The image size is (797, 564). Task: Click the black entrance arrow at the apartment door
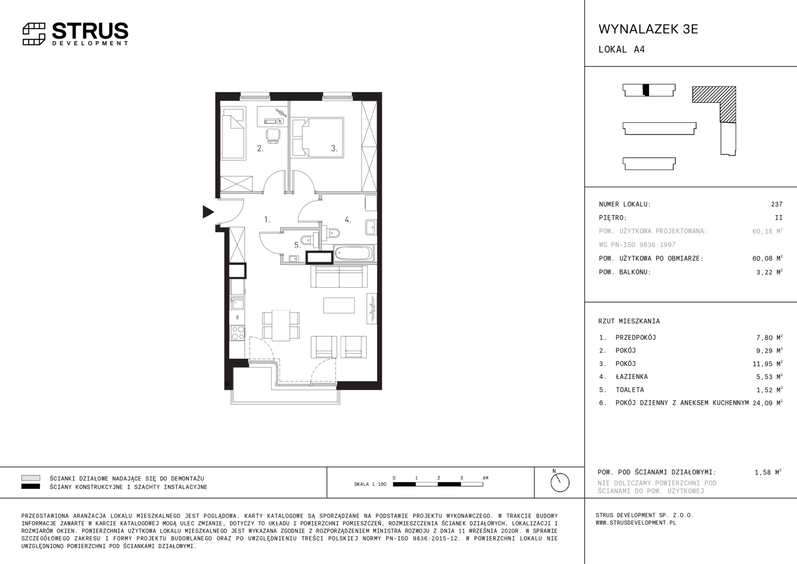click(x=208, y=212)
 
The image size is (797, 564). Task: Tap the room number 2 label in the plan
click(x=260, y=148)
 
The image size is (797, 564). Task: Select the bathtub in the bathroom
click(x=354, y=253)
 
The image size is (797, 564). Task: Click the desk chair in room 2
click(x=273, y=136)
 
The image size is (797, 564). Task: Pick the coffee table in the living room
click(x=339, y=305)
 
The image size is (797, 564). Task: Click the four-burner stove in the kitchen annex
click(x=238, y=333)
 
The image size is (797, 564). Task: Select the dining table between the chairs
click(x=281, y=325)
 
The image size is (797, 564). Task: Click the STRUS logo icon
click(x=34, y=34)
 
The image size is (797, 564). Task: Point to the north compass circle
click(x=560, y=483)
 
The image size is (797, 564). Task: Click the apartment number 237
click(x=777, y=204)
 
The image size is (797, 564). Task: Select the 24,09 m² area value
click(x=767, y=403)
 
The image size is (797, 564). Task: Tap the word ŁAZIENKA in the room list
click(x=632, y=377)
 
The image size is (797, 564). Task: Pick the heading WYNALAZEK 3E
click(x=648, y=29)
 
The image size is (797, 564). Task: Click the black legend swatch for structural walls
click(x=31, y=486)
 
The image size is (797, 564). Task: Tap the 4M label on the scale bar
click(x=485, y=478)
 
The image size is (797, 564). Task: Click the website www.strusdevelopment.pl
click(x=636, y=523)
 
